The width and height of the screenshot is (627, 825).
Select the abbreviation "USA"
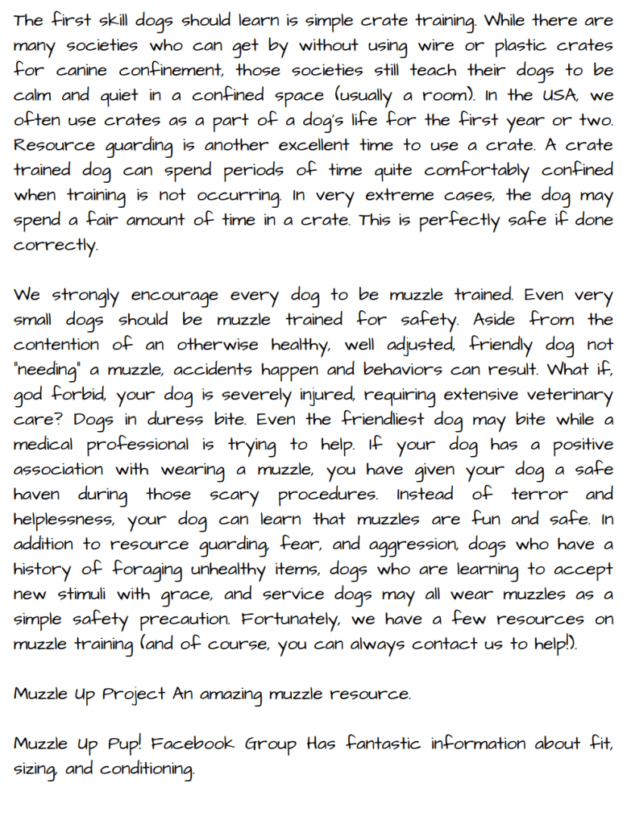tap(558, 95)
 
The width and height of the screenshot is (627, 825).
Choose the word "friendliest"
tap(384, 420)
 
